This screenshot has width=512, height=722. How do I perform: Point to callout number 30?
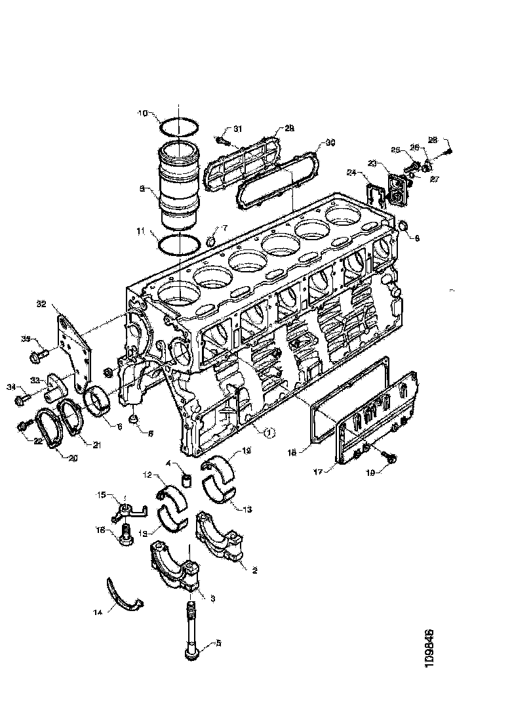[330, 142]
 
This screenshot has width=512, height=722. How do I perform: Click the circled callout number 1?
[269, 432]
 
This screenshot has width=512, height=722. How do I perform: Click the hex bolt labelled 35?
[37, 356]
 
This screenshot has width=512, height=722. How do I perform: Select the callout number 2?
[254, 570]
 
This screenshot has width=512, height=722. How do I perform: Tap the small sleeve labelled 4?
[186, 484]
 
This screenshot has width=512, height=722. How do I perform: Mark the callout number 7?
[225, 227]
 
